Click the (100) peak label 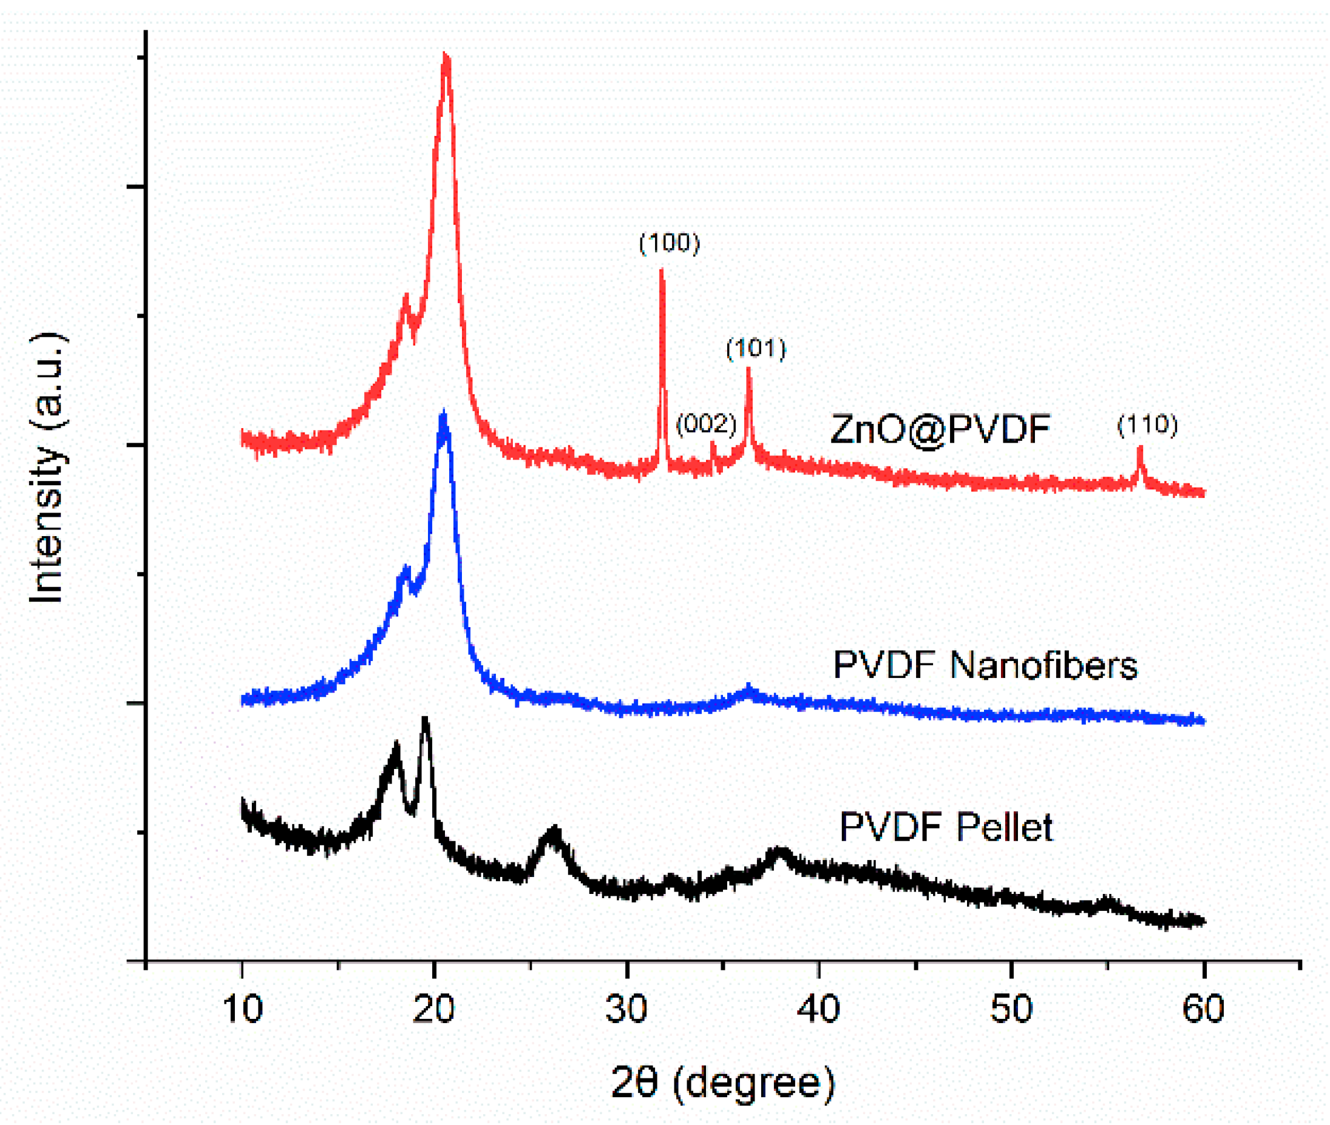click(x=670, y=243)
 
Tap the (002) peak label click(x=706, y=423)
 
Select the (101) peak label click(x=756, y=348)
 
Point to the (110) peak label click(x=1147, y=424)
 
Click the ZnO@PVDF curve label click(x=940, y=429)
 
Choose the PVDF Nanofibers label click(x=985, y=665)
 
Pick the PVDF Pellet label click(x=946, y=827)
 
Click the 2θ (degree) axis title click(x=722, y=1083)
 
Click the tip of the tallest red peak click(x=446, y=56)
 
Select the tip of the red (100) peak click(x=661, y=270)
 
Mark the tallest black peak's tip click(x=425, y=719)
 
